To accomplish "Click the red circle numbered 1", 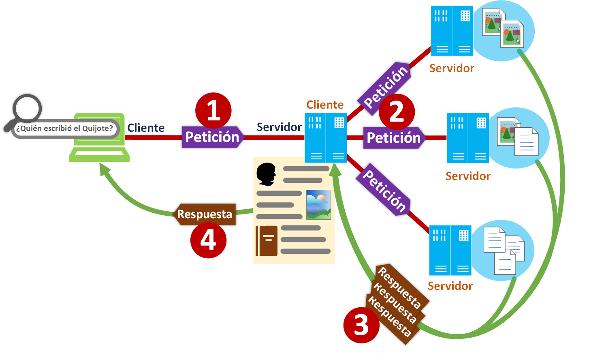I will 213,110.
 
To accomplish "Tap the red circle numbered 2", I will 397,111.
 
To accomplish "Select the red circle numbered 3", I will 361,325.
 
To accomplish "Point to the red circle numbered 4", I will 208,240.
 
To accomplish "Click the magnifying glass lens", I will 27,108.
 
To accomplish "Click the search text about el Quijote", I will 64,129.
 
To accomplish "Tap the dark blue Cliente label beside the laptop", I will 146,128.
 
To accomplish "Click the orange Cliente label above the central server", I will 325,105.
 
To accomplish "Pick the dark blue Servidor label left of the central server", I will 279,127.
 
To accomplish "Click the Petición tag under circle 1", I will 213,137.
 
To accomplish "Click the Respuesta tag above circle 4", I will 205,214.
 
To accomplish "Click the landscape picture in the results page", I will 318,205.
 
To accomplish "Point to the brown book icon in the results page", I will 267,241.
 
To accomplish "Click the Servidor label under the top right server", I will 452,69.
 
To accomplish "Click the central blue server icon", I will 326,138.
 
